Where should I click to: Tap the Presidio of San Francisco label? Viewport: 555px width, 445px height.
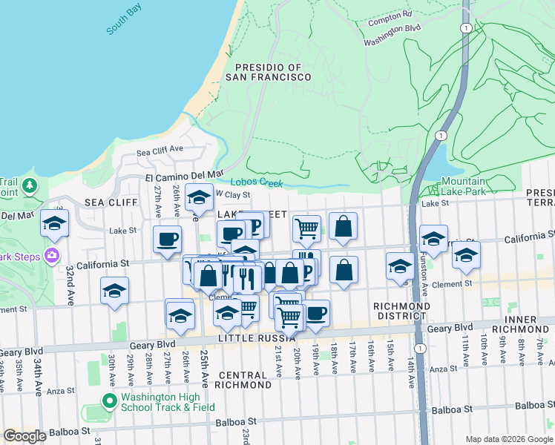263,72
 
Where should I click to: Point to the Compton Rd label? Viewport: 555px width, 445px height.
390,15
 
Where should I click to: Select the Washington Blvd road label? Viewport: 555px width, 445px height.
392,29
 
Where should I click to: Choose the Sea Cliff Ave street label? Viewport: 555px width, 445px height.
160,150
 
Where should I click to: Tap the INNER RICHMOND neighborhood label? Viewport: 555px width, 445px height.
525,324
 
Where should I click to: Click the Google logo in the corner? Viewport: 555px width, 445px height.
24,436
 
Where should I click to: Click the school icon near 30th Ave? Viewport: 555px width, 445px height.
114,291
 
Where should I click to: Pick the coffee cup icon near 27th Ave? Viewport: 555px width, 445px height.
167,238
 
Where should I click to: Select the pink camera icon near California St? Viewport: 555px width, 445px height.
51,256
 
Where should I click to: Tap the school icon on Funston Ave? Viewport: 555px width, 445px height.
433,238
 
